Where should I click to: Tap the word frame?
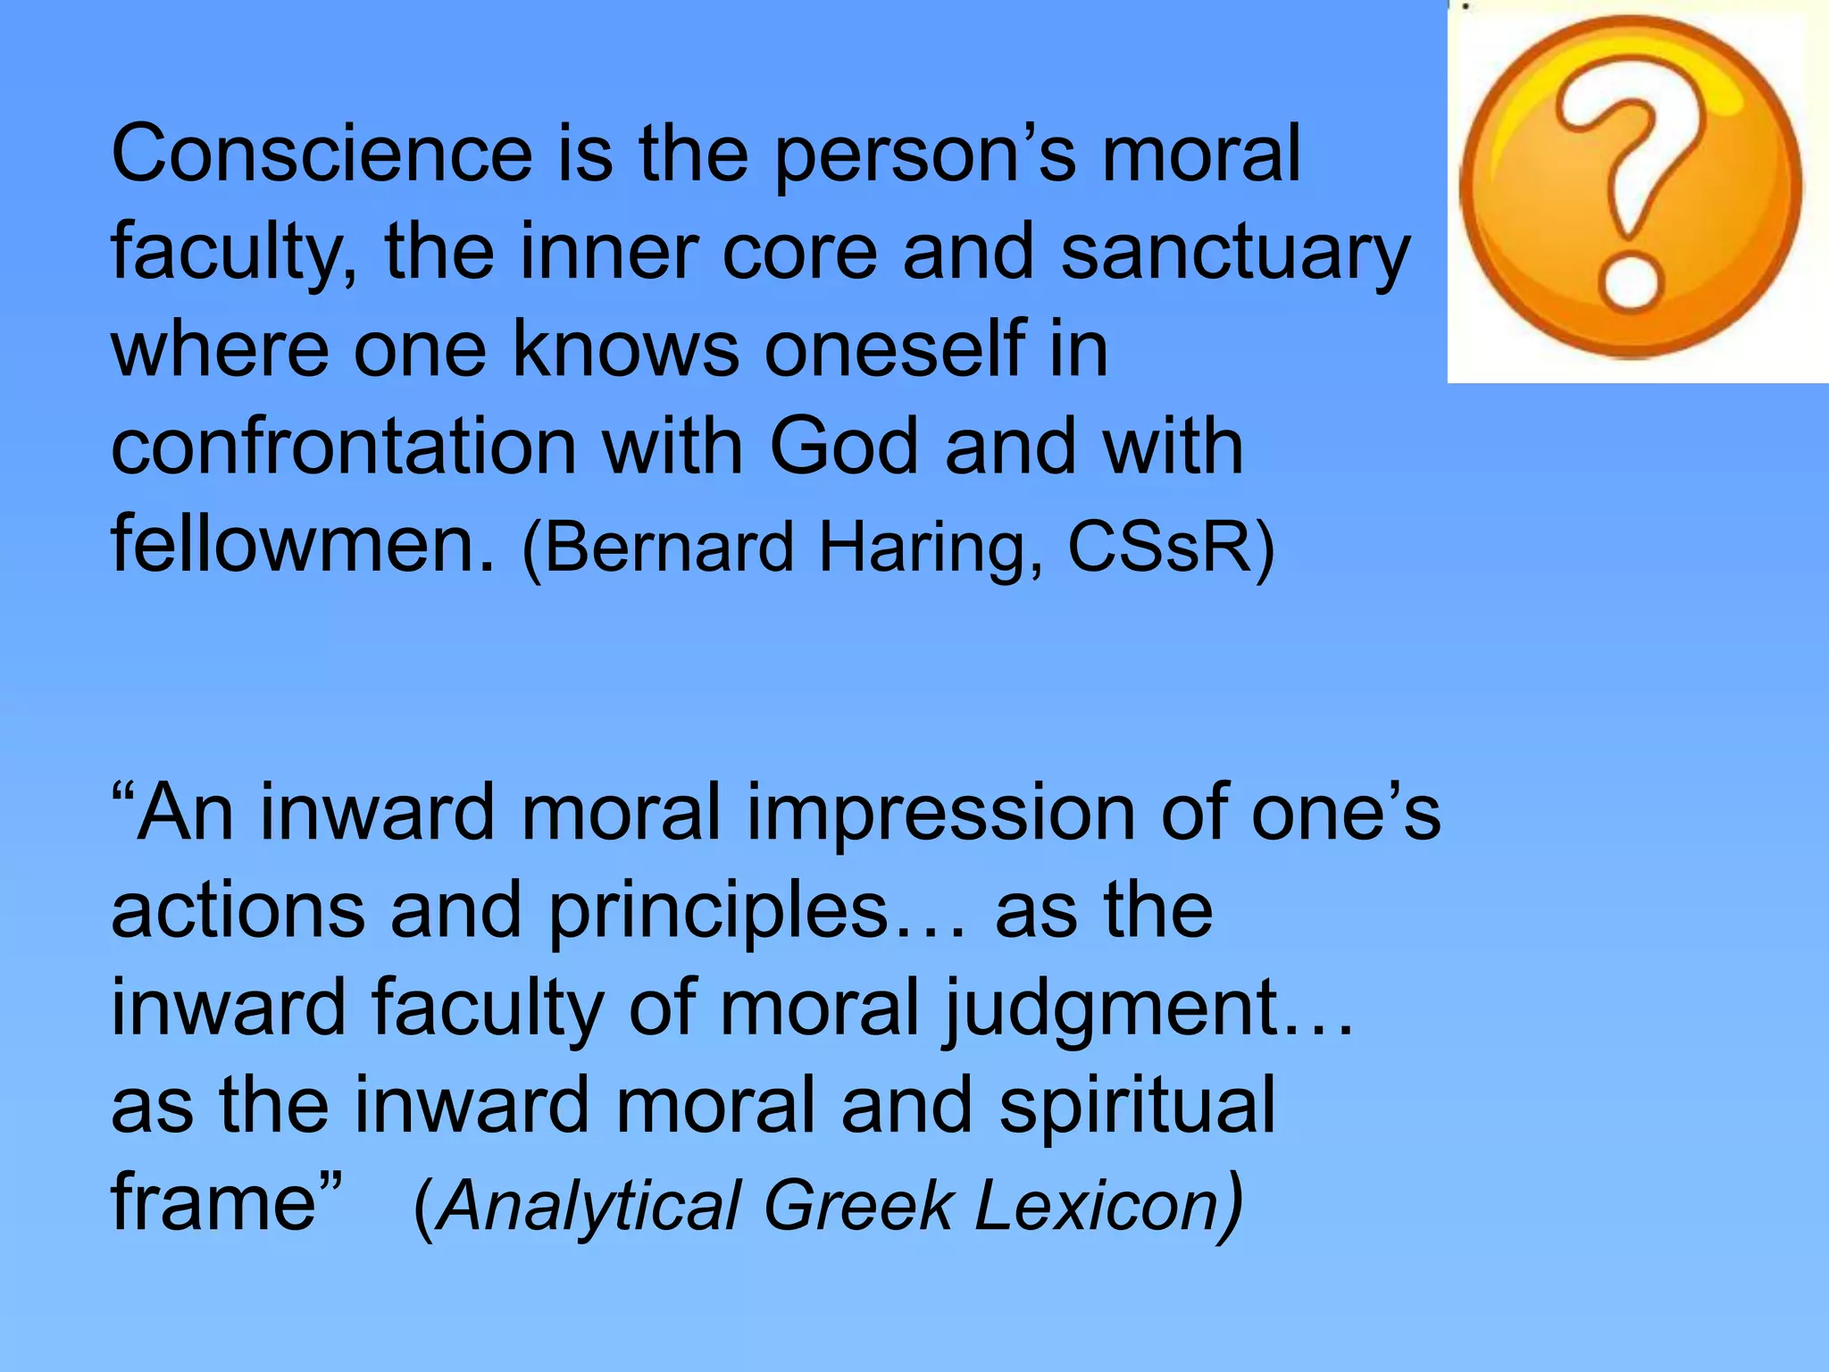click(x=214, y=1201)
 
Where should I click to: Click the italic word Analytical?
click(x=589, y=1206)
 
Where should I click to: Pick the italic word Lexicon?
click(x=1097, y=1205)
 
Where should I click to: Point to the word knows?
click(x=625, y=349)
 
